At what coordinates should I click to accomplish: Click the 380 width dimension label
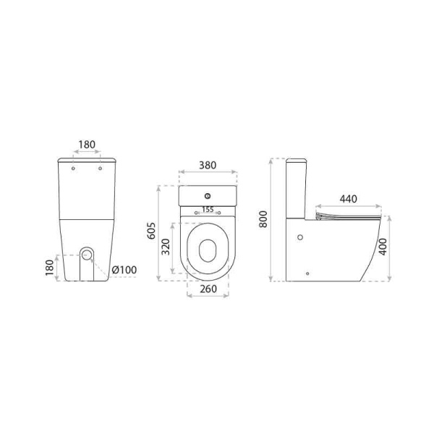tap(208, 165)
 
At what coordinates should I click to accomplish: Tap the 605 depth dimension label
tap(151, 231)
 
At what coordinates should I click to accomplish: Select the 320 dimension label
tap(166, 247)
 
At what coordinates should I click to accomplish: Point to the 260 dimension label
tap(208, 289)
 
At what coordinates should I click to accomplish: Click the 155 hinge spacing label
tap(208, 210)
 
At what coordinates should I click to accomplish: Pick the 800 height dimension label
tap(263, 219)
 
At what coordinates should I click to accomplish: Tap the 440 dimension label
tap(349, 199)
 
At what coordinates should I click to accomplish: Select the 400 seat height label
tap(383, 247)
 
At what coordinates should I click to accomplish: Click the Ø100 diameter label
tap(124, 270)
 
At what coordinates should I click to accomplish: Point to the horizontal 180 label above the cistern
tap(87, 145)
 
